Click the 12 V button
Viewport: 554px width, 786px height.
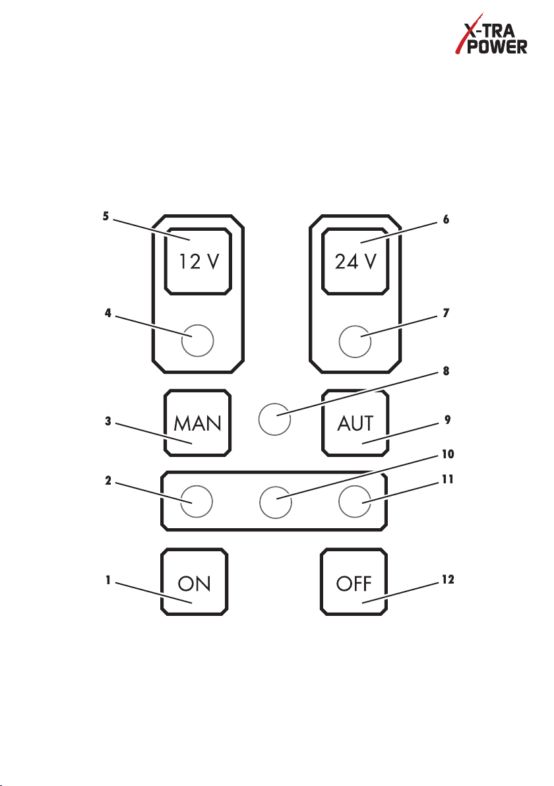click(198, 261)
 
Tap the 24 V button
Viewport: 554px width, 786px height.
click(355, 261)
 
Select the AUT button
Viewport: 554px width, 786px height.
click(355, 423)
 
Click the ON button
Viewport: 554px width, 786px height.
click(195, 582)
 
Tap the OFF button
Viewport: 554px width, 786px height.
click(354, 582)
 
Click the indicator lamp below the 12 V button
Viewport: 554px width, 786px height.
click(198, 340)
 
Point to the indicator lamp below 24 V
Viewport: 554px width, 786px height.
click(355, 342)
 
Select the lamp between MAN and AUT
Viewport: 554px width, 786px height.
click(275, 419)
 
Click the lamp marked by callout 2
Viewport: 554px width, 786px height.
click(197, 501)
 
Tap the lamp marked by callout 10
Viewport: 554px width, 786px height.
click(276, 502)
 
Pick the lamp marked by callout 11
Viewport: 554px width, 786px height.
click(355, 501)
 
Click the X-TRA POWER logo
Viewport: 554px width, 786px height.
click(491, 34)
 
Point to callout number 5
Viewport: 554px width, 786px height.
click(106, 216)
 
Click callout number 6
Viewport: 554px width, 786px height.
click(446, 219)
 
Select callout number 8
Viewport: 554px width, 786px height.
click(446, 371)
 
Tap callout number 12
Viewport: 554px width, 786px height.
click(448, 579)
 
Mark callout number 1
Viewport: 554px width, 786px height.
click(108, 580)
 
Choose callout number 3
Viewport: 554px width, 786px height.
click(108, 421)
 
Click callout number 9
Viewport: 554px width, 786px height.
click(448, 419)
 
